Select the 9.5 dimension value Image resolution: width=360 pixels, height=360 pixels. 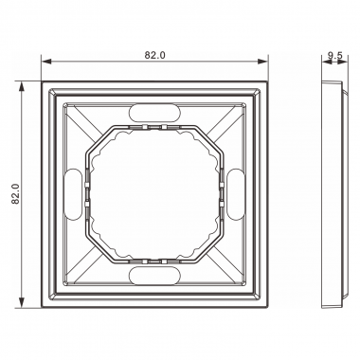tap(333, 56)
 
